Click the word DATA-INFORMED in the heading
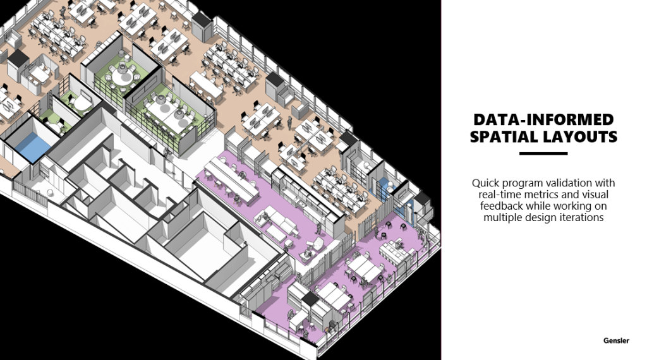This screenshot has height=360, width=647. tap(543, 119)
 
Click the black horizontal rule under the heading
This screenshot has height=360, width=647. tap(543, 154)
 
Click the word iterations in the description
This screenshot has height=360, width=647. tap(584, 217)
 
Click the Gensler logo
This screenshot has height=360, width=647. tap(617, 340)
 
